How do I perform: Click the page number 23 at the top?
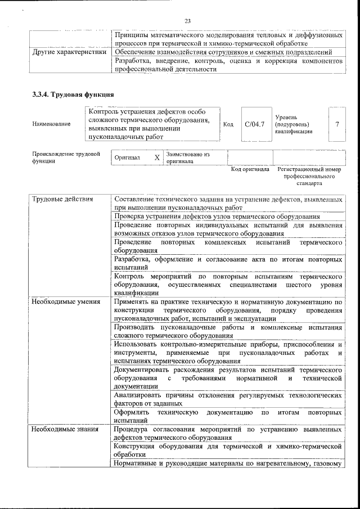pos(188,21)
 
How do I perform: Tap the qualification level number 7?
pos(337,124)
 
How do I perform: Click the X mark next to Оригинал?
pos(157,158)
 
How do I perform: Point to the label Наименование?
pos(52,124)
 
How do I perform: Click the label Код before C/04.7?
pos(228,124)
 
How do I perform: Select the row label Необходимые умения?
pos(58,301)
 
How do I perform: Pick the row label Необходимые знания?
pos(57,429)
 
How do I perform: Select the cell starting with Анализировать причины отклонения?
pos(228,399)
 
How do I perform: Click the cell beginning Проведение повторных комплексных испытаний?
pos(228,246)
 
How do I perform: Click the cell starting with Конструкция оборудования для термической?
pos(228,450)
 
